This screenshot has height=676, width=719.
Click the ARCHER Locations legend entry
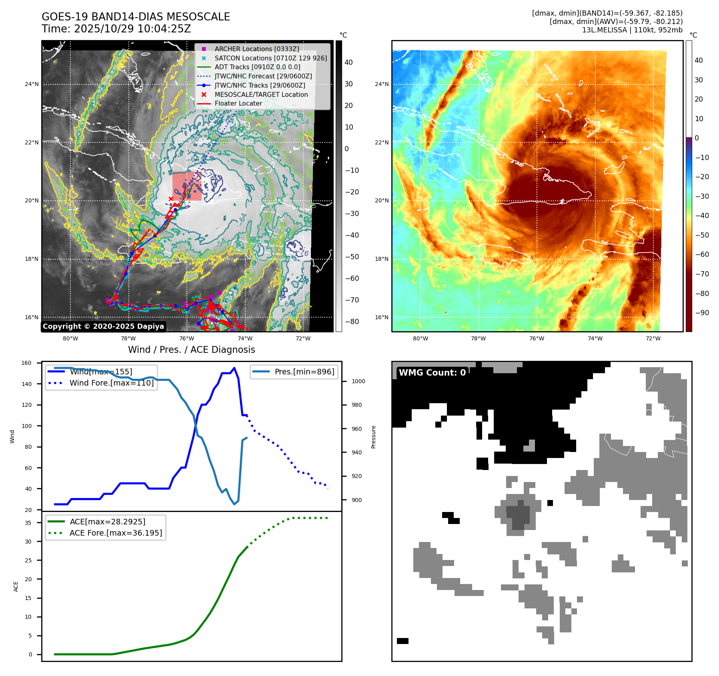coord(256,49)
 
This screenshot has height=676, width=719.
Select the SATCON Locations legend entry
coord(270,58)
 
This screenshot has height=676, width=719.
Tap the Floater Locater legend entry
coord(238,103)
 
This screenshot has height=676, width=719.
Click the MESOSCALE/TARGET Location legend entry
coord(261,94)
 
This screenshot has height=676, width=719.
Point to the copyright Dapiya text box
coord(103,326)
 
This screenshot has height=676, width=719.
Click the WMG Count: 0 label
coord(432,372)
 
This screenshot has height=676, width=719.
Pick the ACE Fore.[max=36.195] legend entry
coord(116,533)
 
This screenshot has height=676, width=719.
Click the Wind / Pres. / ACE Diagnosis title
coord(191,350)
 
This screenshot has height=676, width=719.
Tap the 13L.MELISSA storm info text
coord(632,30)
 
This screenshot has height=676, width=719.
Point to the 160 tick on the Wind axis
coord(26,363)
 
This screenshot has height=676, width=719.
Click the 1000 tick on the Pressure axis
coord(358,381)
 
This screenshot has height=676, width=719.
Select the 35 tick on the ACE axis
coord(28,523)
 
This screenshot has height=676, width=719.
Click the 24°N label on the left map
coord(32,84)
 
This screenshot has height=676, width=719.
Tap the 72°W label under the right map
coord(653,338)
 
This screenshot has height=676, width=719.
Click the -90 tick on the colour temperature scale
coord(702,313)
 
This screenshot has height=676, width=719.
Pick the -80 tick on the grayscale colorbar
coord(352,322)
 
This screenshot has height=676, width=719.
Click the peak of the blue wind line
coord(234,368)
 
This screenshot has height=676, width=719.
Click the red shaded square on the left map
coord(187,186)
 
